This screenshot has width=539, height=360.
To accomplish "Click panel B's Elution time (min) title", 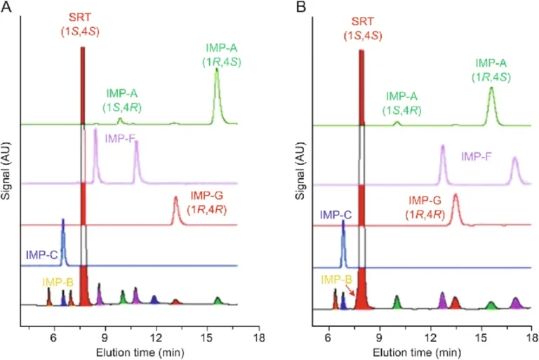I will [x=420, y=350].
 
